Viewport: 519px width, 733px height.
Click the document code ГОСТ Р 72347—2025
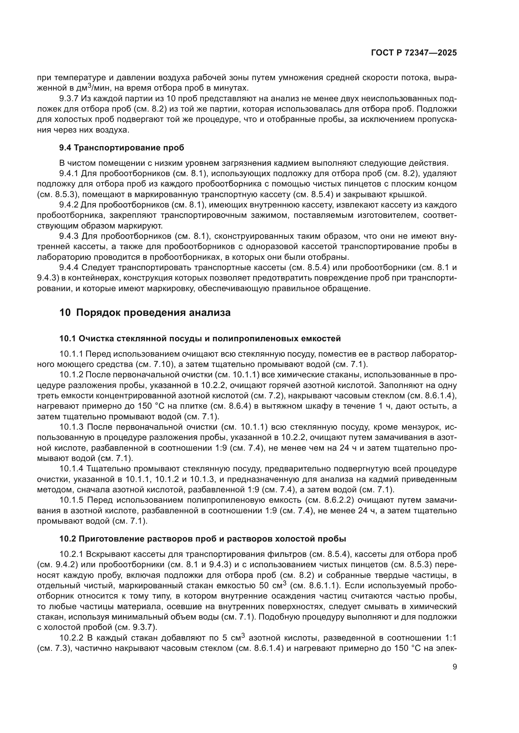(x=414, y=53)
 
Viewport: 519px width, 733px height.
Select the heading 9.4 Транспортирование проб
(x=121, y=148)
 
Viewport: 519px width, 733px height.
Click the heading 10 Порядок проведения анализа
(x=145, y=312)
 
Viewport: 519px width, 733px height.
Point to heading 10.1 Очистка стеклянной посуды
(x=200, y=339)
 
